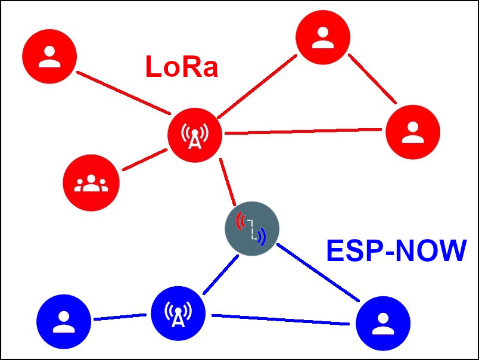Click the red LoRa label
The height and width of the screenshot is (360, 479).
pos(181,67)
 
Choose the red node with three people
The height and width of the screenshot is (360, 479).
pos(91,183)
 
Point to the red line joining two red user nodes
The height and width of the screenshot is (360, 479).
pos(372,79)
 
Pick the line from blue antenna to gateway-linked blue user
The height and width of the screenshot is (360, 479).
pos(280,319)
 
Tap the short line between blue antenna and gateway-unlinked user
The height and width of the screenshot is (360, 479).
pos(119,317)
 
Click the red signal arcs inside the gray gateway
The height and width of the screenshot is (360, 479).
pos(240,221)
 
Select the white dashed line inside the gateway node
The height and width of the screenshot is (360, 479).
pos(251,229)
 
